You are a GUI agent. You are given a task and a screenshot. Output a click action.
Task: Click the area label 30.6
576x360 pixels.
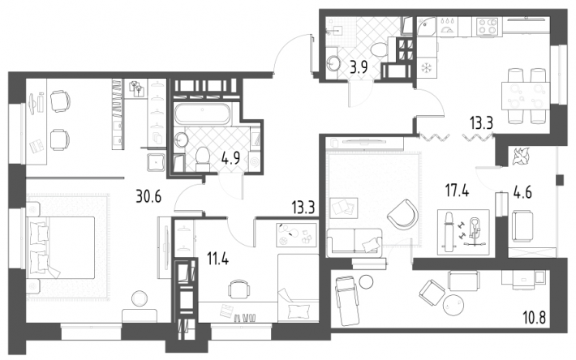(x=148, y=197)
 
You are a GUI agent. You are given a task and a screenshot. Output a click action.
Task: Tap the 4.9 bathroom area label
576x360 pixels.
(x=230, y=158)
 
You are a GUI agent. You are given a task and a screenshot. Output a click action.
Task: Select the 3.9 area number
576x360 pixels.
(x=358, y=67)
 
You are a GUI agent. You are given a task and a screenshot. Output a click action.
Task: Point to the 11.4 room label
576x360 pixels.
(x=217, y=259)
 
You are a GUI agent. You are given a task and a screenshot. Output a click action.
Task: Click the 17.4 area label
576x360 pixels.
(x=457, y=191)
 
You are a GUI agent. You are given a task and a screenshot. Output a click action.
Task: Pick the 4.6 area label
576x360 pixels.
(x=522, y=192)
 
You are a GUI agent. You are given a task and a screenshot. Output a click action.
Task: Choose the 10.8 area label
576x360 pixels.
(x=533, y=315)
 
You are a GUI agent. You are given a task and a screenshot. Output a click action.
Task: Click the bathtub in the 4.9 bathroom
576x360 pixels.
(x=203, y=114)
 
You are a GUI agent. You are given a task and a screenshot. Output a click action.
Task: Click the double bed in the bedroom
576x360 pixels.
(x=62, y=247)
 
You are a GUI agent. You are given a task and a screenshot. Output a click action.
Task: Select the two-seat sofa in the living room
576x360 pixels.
(x=355, y=241)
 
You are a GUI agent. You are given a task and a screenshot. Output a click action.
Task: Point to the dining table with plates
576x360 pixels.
(x=526, y=96)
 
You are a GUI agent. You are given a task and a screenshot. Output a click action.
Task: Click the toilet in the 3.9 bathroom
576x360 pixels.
(x=379, y=50)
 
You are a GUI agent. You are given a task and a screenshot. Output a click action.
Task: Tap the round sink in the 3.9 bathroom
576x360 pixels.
(x=333, y=63)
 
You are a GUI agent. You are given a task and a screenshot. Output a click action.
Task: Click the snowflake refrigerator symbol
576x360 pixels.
(x=427, y=68)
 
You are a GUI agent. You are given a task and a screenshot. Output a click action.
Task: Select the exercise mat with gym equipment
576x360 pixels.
(x=463, y=232)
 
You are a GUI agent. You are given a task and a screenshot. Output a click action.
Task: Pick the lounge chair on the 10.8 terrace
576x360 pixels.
(x=346, y=301)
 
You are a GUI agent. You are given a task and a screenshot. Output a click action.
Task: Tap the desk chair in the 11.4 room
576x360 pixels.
(x=239, y=290)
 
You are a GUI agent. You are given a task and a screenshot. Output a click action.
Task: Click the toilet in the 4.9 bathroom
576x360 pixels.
(x=202, y=159)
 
